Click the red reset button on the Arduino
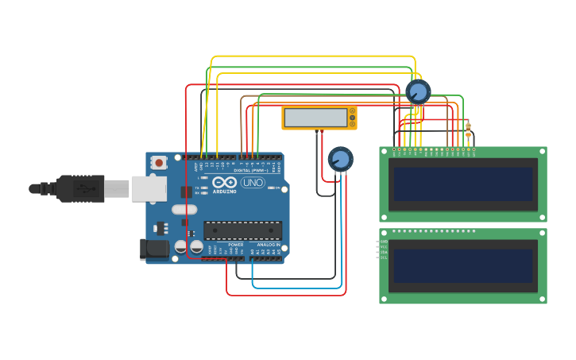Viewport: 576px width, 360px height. coord(159,163)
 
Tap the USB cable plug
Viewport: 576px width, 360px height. coord(79,189)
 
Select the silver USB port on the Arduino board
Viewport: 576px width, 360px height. coord(149,188)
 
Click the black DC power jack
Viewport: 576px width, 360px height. coord(154,250)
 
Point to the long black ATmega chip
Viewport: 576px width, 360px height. coord(242,230)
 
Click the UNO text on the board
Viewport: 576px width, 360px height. coord(253,183)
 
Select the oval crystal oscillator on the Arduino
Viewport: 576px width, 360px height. coord(184,210)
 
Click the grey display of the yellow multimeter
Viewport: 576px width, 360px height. coord(315,118)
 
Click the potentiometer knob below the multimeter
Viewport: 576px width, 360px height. coord(340,159)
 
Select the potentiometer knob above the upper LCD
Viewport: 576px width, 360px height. coord(418,91)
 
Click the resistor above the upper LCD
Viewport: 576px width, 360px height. coord(468,130)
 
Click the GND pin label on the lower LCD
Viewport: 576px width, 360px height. coord(384,241)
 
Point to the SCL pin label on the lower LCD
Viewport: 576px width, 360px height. coord(384,257)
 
